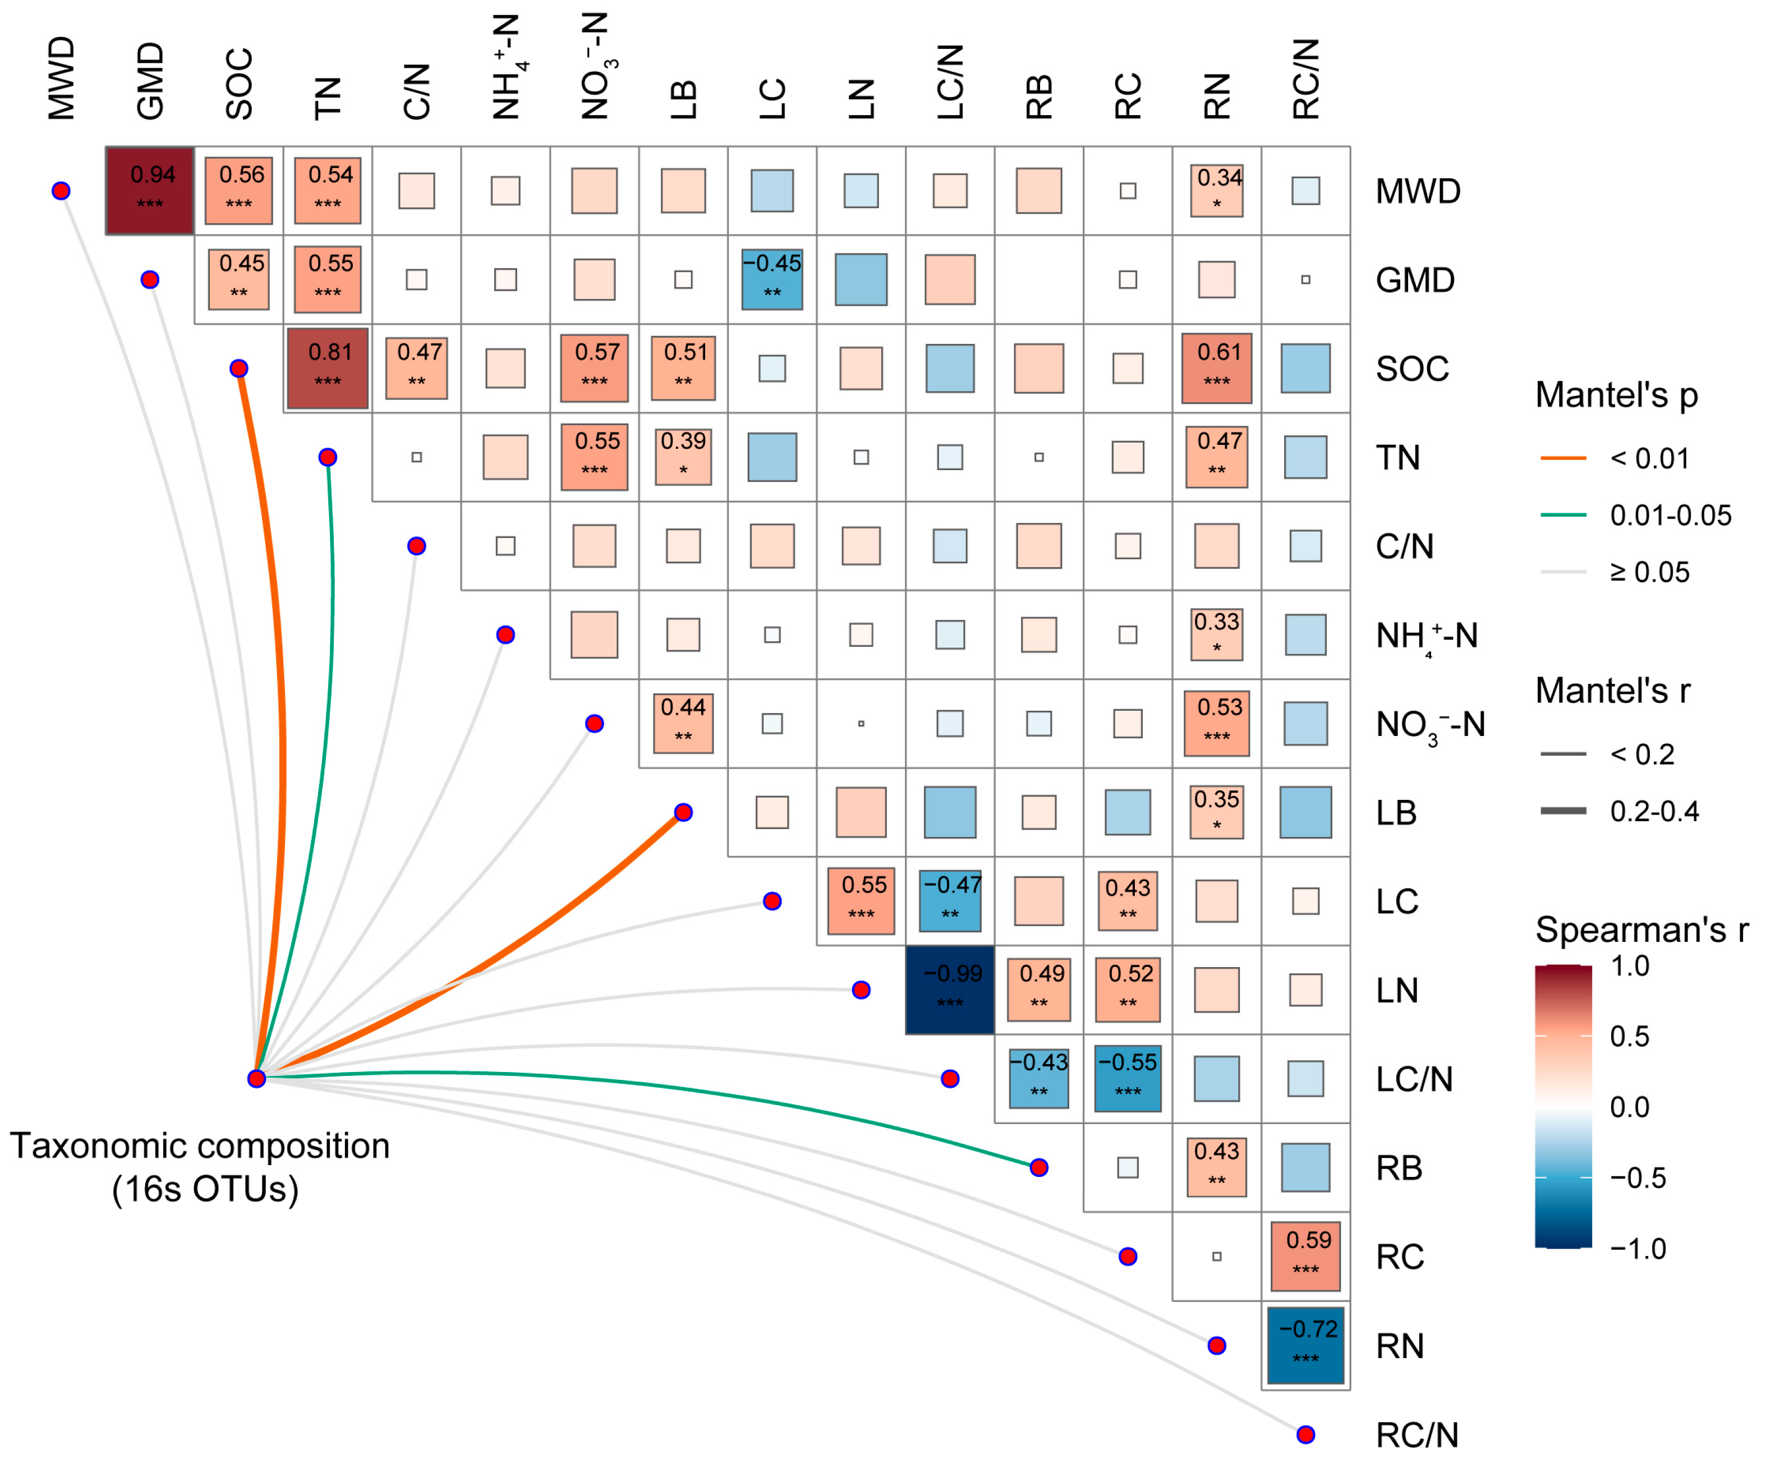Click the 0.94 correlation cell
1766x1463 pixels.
click(x=150, y=190)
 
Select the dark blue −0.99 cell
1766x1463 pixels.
click(x=949, y=990)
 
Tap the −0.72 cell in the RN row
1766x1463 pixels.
click(x=1305, y=1345)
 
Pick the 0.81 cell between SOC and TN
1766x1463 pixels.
click(x=327, y=368)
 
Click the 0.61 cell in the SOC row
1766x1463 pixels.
click(x=1216, y=368)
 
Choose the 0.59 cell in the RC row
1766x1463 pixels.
click(x=1305, y=1256)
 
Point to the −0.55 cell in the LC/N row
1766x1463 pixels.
click(x=1128, y=1079)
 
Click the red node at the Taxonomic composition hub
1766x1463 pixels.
click(x=256, y=1079)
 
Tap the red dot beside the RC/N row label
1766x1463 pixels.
click(x=1305, y=1434)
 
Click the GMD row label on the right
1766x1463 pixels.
click(x=1414, y=280)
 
